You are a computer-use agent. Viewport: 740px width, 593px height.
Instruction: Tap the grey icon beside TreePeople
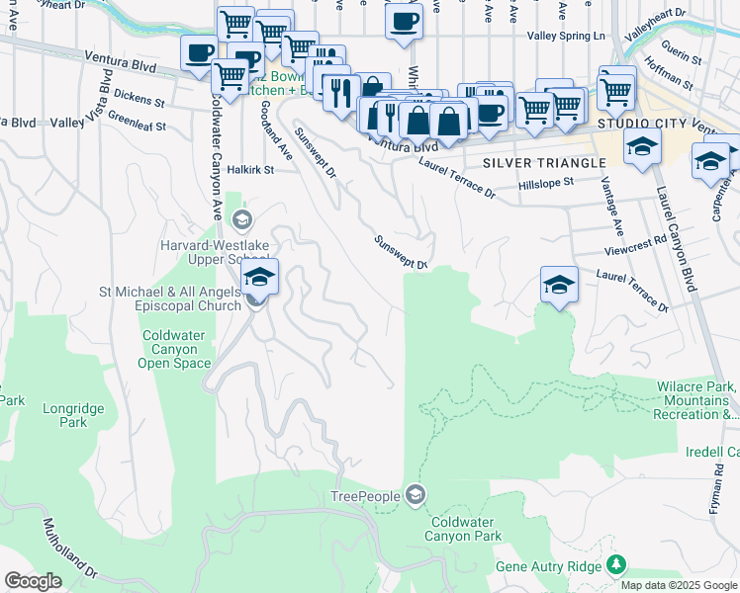pos(416,494)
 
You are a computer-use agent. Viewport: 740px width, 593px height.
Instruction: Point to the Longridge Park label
pos(65,415)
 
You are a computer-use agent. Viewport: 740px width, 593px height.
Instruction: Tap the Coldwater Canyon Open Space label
pos(175,349)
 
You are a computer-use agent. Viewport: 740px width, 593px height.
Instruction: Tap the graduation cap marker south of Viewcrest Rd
pos(559,285)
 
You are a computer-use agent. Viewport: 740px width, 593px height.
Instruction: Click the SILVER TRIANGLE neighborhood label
pos(543,162)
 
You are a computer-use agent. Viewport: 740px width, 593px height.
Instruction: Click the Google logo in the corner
pos(33,581)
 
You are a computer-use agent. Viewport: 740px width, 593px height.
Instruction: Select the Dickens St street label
pos(138,100)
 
